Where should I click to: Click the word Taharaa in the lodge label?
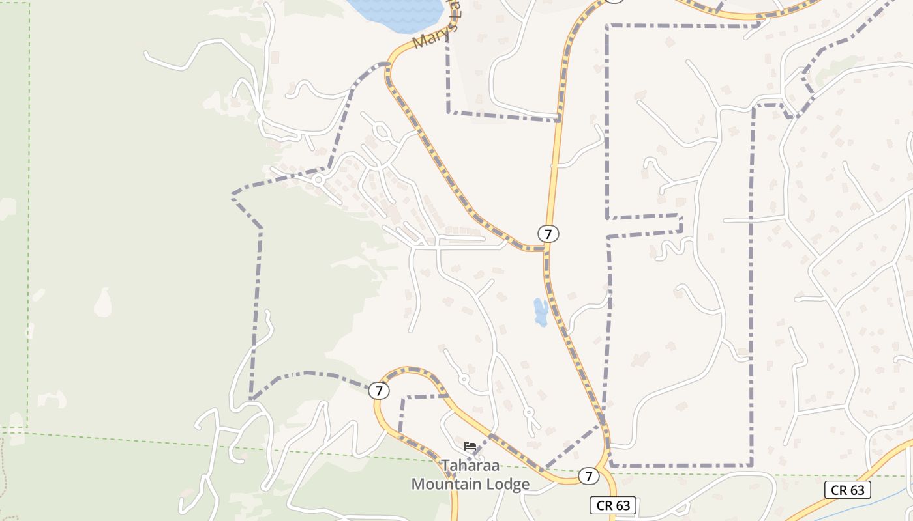click(470, 466)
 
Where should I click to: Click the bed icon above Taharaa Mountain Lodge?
click(470, 446)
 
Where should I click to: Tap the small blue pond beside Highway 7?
click(541, 312)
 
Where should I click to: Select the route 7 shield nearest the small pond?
click(548, 233)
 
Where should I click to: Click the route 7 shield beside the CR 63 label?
click(588, 476)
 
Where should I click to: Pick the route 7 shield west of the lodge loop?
click(378, 391)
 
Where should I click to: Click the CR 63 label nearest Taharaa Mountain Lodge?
click(613, 505)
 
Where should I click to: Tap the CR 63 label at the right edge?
click(848, 490)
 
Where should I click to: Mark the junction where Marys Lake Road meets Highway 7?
click(545, 248)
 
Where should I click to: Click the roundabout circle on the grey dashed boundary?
click(319, 180)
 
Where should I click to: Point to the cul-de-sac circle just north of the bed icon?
click(464, 378)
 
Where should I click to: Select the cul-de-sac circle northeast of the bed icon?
click(529, 412)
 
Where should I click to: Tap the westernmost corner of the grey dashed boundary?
click(232, 194)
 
